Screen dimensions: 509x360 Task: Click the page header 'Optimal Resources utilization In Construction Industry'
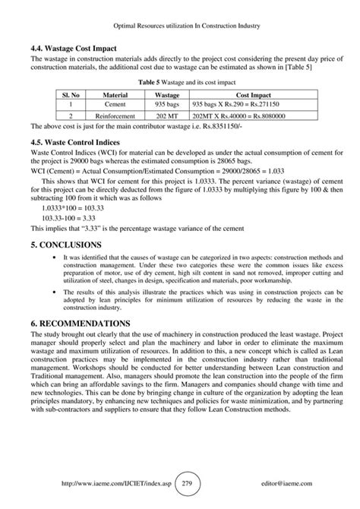point(180,27)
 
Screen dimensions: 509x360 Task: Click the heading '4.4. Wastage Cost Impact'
point(74,49)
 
